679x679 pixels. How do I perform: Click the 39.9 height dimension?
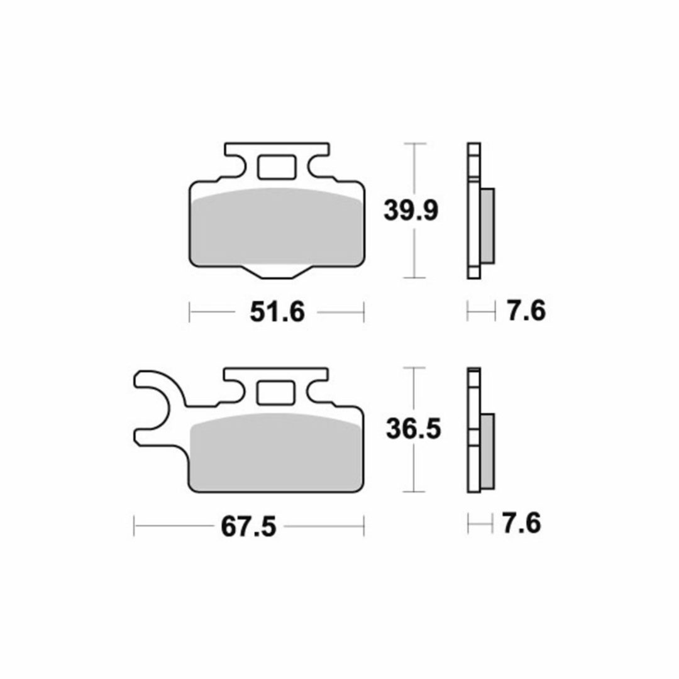point(411,211)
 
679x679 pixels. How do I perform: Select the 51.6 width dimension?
point(277,312)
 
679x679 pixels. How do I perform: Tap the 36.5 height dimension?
point(414,429)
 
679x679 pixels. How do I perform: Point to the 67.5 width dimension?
point(248,527)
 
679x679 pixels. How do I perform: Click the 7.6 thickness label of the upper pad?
point(526,311)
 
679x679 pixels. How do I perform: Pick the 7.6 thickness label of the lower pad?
point(521,524)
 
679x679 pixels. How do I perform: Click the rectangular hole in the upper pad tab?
point(277,167)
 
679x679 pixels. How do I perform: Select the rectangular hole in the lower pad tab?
point(276,393)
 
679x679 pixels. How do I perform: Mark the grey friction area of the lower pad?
point(276,451)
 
